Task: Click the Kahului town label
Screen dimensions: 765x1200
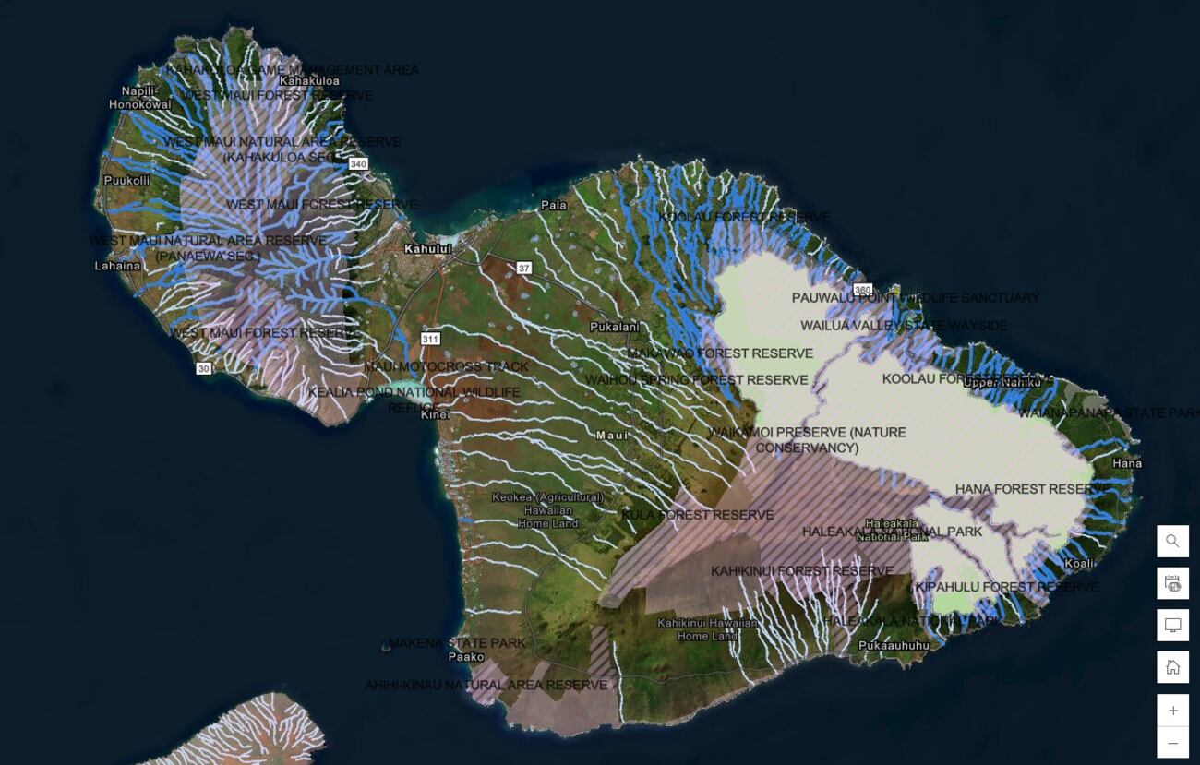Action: click(428, 249)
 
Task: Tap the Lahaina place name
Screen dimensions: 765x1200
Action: click(118, 266)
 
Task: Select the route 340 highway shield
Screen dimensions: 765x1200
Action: click(358, 164)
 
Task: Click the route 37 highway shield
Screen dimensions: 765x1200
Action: click(524, 269)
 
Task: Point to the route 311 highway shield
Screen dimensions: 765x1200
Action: click(430, 339)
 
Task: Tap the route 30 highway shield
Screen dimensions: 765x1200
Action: click(203, 368)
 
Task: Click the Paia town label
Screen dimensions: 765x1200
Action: click(554, 205)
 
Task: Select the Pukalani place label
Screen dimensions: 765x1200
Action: click(615, 327)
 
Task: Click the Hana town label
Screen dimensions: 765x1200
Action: click(1126, 463)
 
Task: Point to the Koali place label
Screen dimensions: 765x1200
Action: click(1079, 563)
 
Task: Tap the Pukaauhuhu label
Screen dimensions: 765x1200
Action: click(894, 646)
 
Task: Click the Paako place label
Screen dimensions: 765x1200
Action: click(466, 657)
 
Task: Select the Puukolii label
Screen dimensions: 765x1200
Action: click(126, 181)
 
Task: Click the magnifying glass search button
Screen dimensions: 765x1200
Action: click(1172, 542)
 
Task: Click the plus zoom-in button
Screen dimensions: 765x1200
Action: click(1172, 711)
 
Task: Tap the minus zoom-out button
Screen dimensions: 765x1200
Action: click(1172, 743)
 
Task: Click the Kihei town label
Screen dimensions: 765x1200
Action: click(436, 415)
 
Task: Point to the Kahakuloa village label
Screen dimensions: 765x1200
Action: click(309, 81)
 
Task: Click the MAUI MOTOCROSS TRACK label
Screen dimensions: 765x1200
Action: click(446, 366)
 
